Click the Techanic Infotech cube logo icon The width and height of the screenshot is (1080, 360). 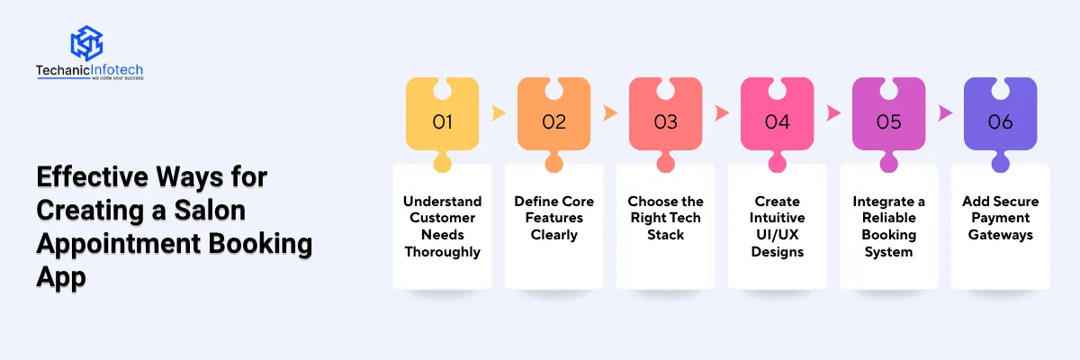tap(86, 43)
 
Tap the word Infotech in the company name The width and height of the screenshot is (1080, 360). tap(117, 70)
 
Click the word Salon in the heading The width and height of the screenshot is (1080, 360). tap(210, 210)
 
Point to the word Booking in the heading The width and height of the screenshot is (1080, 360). tap(260, 243)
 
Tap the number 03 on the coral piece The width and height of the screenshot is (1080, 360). tap(665, 121)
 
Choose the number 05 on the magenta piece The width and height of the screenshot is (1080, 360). tap(888, 121)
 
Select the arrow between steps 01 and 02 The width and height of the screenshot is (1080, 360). tap(498, 112)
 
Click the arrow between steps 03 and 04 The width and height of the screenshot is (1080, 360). tap(721, 112)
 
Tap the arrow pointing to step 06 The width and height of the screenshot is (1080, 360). tap(944, 112)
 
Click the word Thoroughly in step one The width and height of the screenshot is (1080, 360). tap(442, 252)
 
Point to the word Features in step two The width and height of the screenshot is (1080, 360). tap(554, 218)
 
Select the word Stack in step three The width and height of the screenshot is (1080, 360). tap(665, 235)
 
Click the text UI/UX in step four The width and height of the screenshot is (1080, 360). tap(778, 235)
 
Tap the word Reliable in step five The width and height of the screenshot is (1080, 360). tap(888, 218)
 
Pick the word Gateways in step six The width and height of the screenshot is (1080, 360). tap(1001, 235)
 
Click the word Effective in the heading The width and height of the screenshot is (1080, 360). tap(92, 176)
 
